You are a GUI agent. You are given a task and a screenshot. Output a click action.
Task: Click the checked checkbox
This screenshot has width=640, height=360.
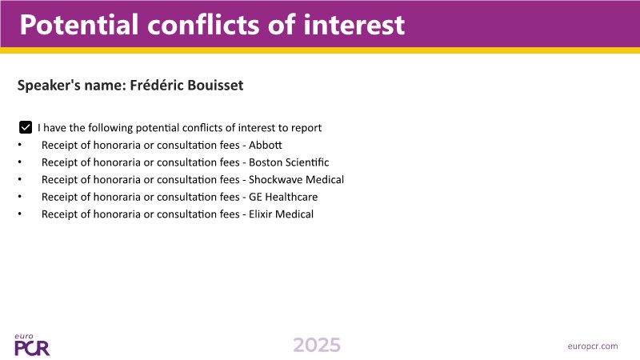click(26, 127)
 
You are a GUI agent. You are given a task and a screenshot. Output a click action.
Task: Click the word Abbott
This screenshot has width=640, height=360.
click(266, 145)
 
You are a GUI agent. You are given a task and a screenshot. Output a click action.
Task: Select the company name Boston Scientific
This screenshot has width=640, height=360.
click(289, 162)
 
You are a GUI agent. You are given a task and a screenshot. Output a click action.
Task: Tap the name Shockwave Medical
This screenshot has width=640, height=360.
click(296, 179)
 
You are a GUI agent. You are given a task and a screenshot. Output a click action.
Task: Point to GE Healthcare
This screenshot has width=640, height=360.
click(283, 197)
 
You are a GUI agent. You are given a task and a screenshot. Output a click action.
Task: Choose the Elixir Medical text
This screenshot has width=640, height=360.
click(282, 214)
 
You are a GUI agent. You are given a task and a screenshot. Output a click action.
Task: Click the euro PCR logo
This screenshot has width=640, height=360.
click(32, 345)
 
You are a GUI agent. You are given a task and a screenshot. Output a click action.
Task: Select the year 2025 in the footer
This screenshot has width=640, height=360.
click(317, 346)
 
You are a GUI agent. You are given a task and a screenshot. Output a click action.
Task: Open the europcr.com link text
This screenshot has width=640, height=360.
click(593, 346)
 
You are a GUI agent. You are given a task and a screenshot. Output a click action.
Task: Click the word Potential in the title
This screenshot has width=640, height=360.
click(79, 25)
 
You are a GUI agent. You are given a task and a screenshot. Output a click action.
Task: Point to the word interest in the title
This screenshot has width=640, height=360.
click(354, 25)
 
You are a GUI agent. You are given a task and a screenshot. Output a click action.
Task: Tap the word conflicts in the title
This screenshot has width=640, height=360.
click(203, 25)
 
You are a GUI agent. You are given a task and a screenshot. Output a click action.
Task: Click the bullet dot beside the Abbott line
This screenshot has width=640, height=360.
click(19, 145)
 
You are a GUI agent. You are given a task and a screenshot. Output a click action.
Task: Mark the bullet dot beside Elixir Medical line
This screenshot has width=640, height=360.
click(19, 214)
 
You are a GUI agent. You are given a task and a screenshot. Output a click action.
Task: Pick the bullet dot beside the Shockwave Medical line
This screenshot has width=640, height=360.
click(19, 179)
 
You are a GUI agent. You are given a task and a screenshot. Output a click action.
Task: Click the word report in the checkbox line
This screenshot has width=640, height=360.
click(306, 128)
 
